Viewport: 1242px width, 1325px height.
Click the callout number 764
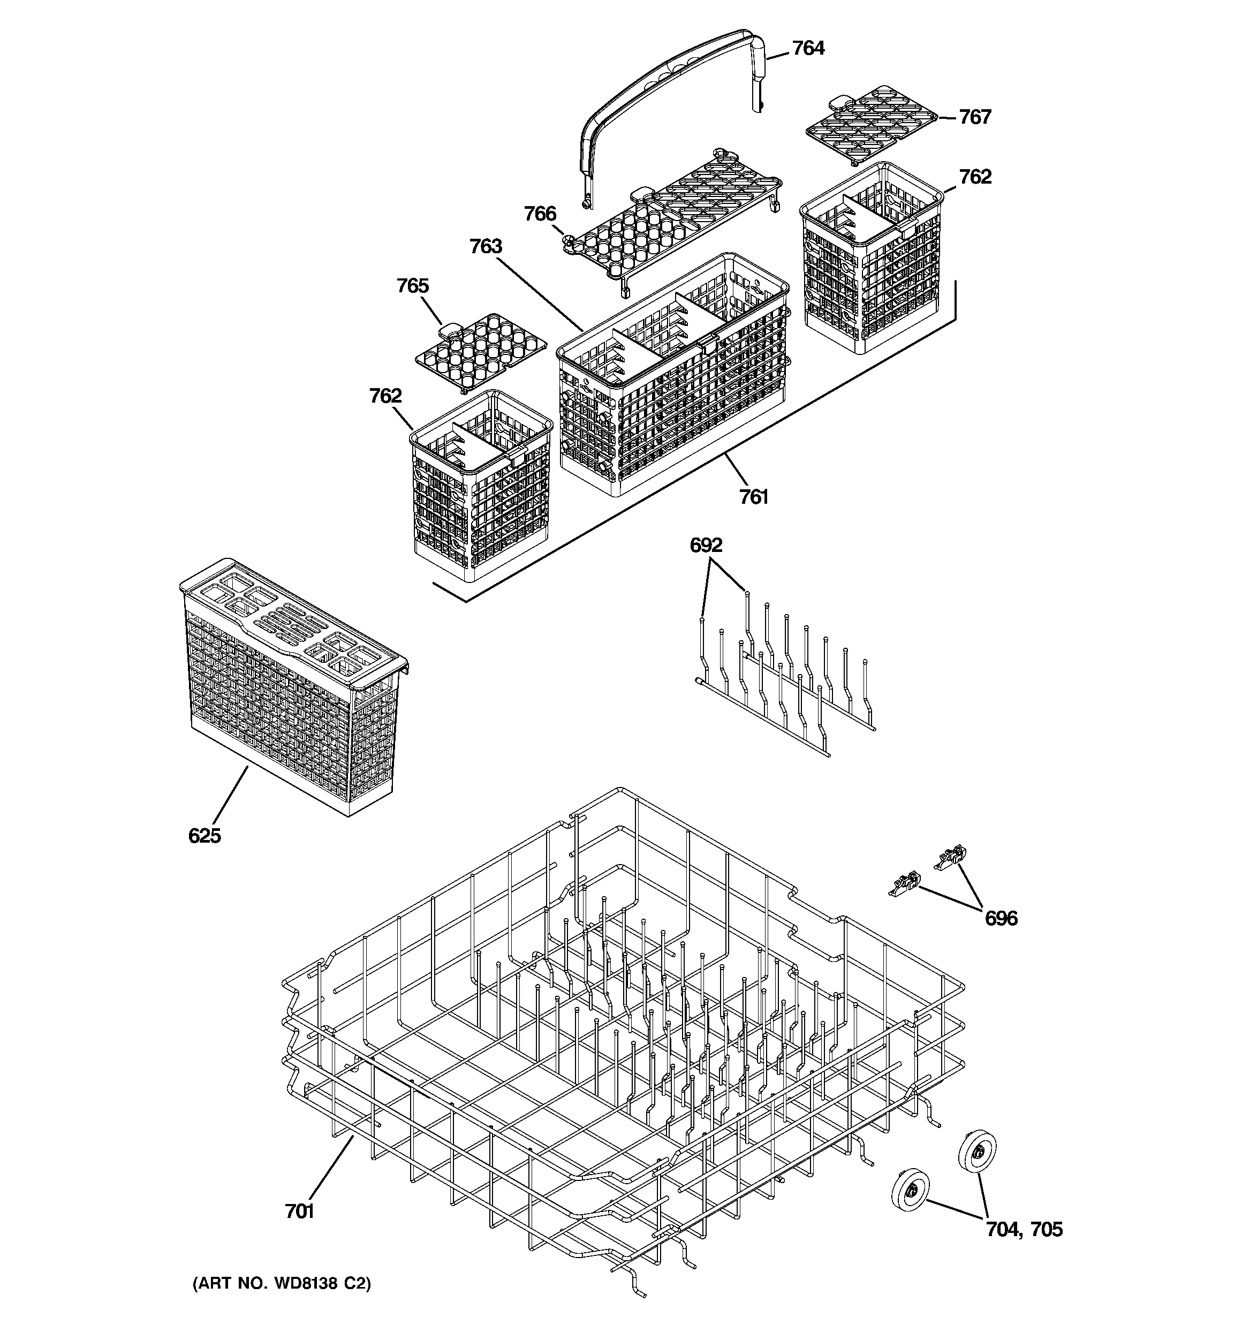(807, 48)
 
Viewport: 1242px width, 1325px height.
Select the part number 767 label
(975, 117)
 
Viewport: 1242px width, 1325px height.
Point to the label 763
(486, 247)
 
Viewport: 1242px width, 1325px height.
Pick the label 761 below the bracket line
(753, 497)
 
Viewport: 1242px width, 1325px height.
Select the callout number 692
(706, 545)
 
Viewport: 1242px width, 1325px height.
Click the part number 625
(204, 835)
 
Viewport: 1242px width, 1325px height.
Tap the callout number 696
(1001, 919)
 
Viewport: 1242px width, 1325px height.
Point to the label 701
(299, 1211)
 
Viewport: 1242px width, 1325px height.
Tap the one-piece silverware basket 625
(293, 686)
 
